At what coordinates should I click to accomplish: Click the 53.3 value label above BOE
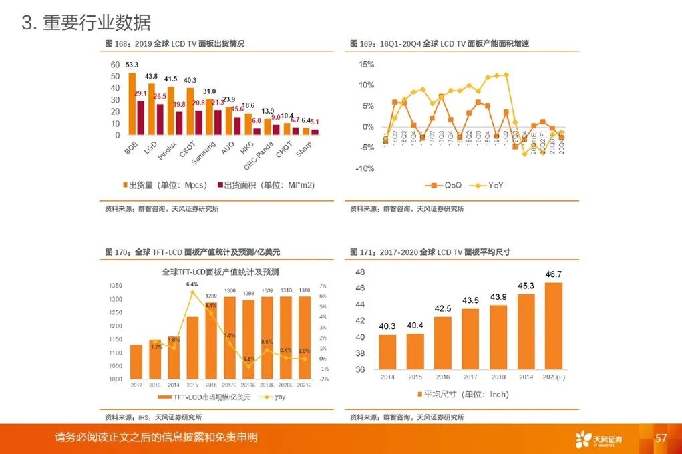132,65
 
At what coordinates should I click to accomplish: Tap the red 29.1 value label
140,93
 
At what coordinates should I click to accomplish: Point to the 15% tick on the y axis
366,65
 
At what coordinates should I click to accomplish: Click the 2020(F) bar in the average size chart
554,326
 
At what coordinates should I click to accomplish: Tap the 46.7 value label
554,274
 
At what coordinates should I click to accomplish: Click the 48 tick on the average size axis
360,272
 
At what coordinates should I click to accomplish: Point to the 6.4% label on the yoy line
192,284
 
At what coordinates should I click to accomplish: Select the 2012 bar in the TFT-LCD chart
136,362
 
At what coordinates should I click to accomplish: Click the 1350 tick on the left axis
116,286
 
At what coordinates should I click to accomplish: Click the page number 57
661,438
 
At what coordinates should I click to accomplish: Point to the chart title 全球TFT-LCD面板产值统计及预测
220,272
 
